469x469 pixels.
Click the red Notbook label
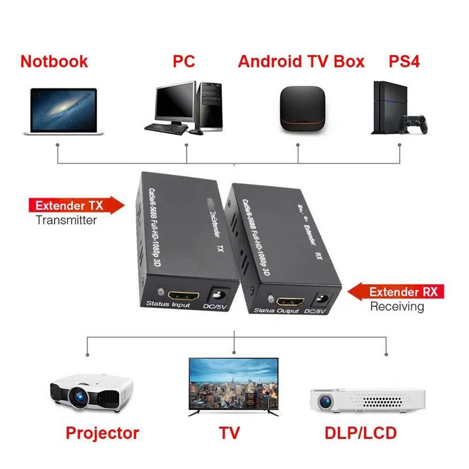click(x=54, y=61)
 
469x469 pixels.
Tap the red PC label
click(x=183, y=61)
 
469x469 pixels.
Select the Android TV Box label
click(x=301, y=61)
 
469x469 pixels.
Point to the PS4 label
click(x=404, y=61)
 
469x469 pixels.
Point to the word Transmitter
click(x=66, y=220)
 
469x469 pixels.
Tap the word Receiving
click(x=397, y=307)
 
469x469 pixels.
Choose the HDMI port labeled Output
click(x=289, y=301)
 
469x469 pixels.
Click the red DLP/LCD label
click(x=361, y=433)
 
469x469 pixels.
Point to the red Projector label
click(x=102, y=433)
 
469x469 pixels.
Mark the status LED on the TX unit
click(x=161, y=291)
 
